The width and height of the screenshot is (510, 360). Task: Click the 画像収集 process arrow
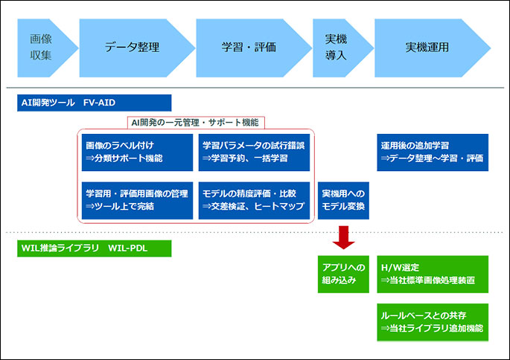click(45, 48)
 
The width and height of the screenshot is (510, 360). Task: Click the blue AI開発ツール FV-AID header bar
click(95, 103)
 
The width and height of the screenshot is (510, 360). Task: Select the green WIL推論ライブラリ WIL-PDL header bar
click(95, 248)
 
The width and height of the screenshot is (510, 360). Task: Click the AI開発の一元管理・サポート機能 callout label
click(196, 123)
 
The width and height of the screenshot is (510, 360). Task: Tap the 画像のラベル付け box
click(137, 152)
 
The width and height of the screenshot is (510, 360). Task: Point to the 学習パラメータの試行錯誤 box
click(254, 152)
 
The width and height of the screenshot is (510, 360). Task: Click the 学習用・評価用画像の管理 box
click(137, 201)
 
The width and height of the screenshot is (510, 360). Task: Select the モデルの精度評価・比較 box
click(254, 201)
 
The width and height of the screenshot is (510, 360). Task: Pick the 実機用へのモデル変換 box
click(343, 201)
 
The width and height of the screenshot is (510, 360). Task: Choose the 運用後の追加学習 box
click(433, 152)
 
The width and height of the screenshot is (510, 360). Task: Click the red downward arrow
click(343, 237)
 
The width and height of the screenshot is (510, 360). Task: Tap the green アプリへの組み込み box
click(343, 274)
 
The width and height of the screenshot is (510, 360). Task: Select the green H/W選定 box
click(433, 274)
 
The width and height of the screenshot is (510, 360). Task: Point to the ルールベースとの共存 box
click(433, 322)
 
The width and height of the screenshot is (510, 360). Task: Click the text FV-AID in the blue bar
click(99, 103)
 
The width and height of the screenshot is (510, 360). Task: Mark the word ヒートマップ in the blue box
click(279, 206)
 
